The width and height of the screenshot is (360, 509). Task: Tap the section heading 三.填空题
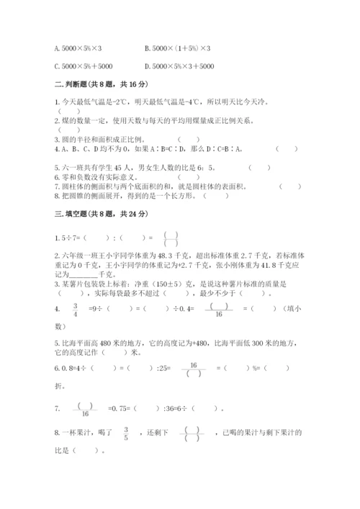(69, 215)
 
